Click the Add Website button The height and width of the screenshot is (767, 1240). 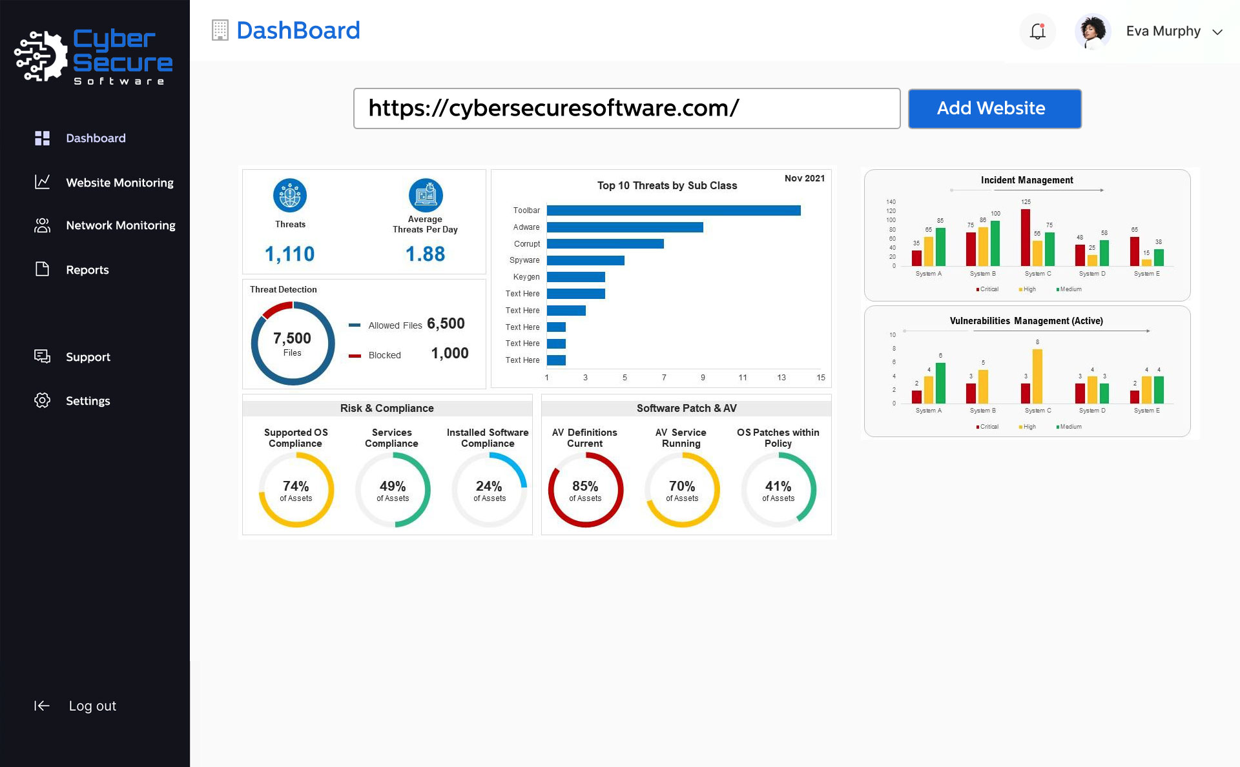[994, 108]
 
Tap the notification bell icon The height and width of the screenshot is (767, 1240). [1037, 31]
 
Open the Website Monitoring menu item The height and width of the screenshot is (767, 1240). [119, 183]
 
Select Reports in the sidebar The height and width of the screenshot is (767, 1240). [87, 270]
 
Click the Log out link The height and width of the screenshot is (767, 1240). [92, 706]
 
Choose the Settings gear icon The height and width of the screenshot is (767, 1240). [42, 400]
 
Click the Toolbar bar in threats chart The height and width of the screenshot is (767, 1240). [673, 210]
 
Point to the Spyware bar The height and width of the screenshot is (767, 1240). [585, 260]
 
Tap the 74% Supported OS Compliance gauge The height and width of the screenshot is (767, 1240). [296, 490]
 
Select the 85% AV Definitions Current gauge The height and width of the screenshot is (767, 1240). [585, 490]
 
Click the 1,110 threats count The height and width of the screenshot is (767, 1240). [289, 254]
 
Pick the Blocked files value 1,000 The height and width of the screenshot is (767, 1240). [449, 353]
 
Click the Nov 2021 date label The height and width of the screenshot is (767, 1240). [804, 178]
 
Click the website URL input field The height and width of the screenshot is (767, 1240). [626, 108]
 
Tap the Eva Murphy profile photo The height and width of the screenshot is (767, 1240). [1092, 31]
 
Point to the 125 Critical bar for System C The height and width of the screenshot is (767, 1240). [1025, 238]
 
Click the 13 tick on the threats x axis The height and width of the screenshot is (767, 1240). [781, 378]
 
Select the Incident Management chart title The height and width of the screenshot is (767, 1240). [1027, 180]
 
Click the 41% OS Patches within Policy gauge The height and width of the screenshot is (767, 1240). [778, 490]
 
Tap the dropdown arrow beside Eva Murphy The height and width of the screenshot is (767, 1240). [1217, 32]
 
